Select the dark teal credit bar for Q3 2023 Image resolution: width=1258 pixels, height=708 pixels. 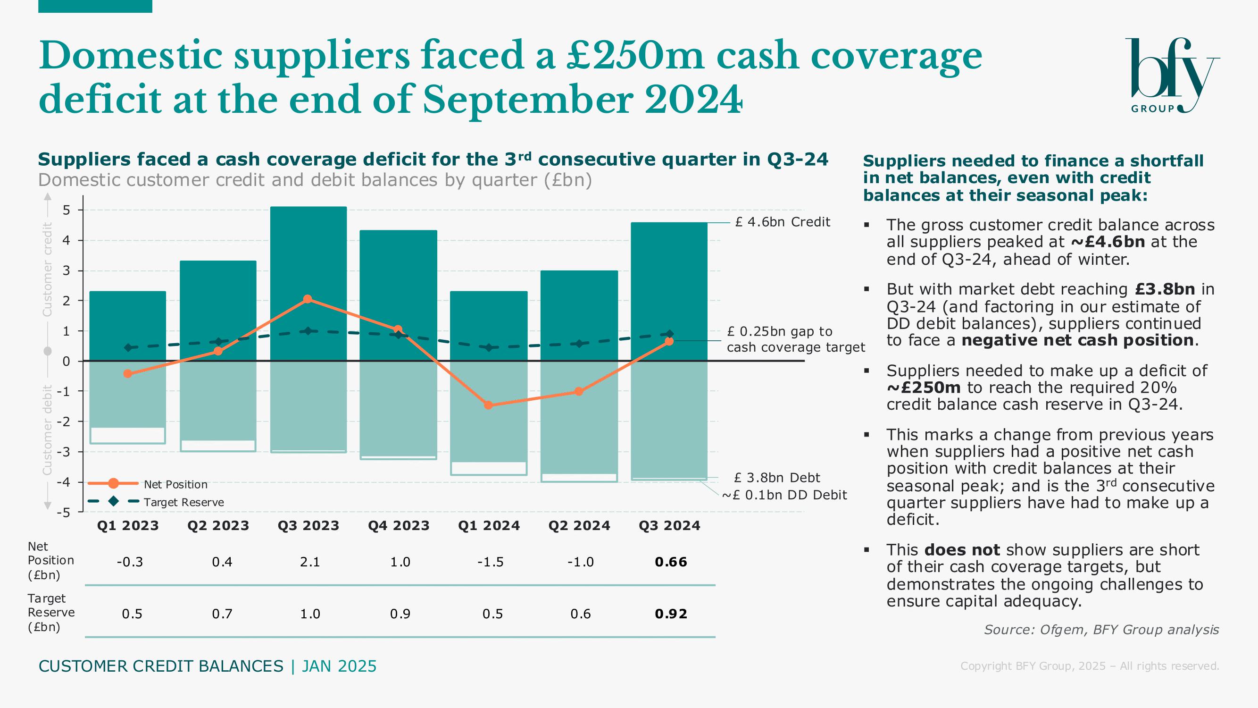(308, 254)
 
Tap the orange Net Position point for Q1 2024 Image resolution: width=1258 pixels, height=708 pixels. (488, 405)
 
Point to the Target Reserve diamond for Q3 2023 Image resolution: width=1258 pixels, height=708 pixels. (308, 331)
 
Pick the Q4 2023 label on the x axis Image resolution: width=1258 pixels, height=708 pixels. (399, 526)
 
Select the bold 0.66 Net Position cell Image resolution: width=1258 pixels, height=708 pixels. (671, 562)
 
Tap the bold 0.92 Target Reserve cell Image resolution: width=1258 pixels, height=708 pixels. (671, 614)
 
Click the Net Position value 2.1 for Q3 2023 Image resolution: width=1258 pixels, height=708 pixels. (309, 562)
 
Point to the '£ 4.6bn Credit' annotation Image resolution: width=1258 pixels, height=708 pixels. (782, 222)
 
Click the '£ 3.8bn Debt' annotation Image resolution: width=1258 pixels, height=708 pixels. (777, 477)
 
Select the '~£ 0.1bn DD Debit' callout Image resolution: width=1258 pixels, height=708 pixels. (784, 495)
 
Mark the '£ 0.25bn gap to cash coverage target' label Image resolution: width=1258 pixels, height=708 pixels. (795, 339)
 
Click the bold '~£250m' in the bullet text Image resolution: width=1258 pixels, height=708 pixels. (924, 388)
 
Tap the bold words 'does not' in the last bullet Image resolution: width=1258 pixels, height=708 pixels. (962, 550)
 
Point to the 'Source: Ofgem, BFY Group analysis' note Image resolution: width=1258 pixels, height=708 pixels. (1101, 629)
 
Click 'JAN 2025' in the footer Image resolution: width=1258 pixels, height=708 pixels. (339, 666)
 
